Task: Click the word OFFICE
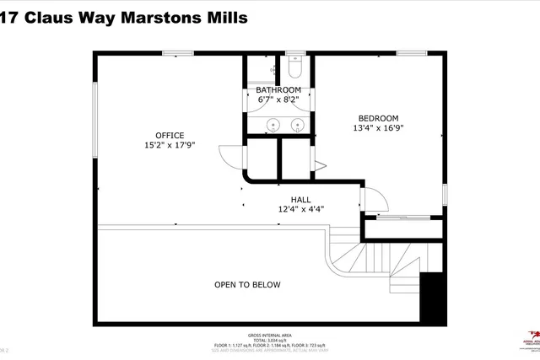click(x=169, y=135)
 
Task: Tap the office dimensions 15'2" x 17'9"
click(x=169, y=145)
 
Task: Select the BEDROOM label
click(x=378, y=118)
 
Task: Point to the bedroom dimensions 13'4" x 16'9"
click(x=378, y=128)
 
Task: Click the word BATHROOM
click(x=278, y=89)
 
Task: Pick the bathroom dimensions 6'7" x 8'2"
click(x=278, y=99)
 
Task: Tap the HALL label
click(x=301, y=200)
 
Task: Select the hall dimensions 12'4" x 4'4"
click(x=301, y=209)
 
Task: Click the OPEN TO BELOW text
click(x=246, y=285)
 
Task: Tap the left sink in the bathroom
click(x=272, y=126)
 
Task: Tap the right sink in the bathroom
click(x=297, y=126)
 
